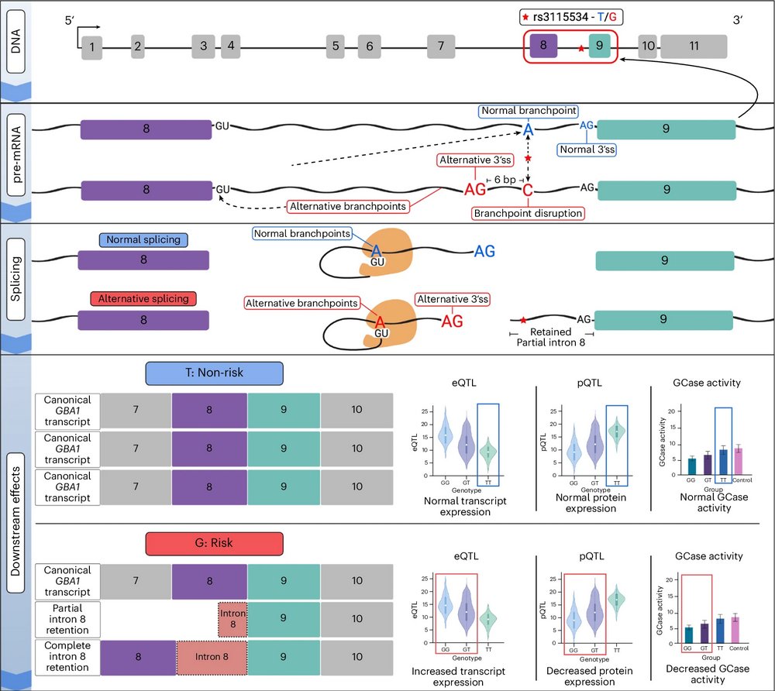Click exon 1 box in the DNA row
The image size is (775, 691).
tap(91, 48)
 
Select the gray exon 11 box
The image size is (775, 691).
tap(694, 46)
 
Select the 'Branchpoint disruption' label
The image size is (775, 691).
tap(528, 212)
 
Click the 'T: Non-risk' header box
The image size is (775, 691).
tap(215, 373)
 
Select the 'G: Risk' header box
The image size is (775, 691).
tap(215, 545)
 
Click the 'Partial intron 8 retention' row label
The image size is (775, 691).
tap(68, 618)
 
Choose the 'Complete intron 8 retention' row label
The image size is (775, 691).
tap(68, 655)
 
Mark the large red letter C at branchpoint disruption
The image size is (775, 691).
tap(528, 190)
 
